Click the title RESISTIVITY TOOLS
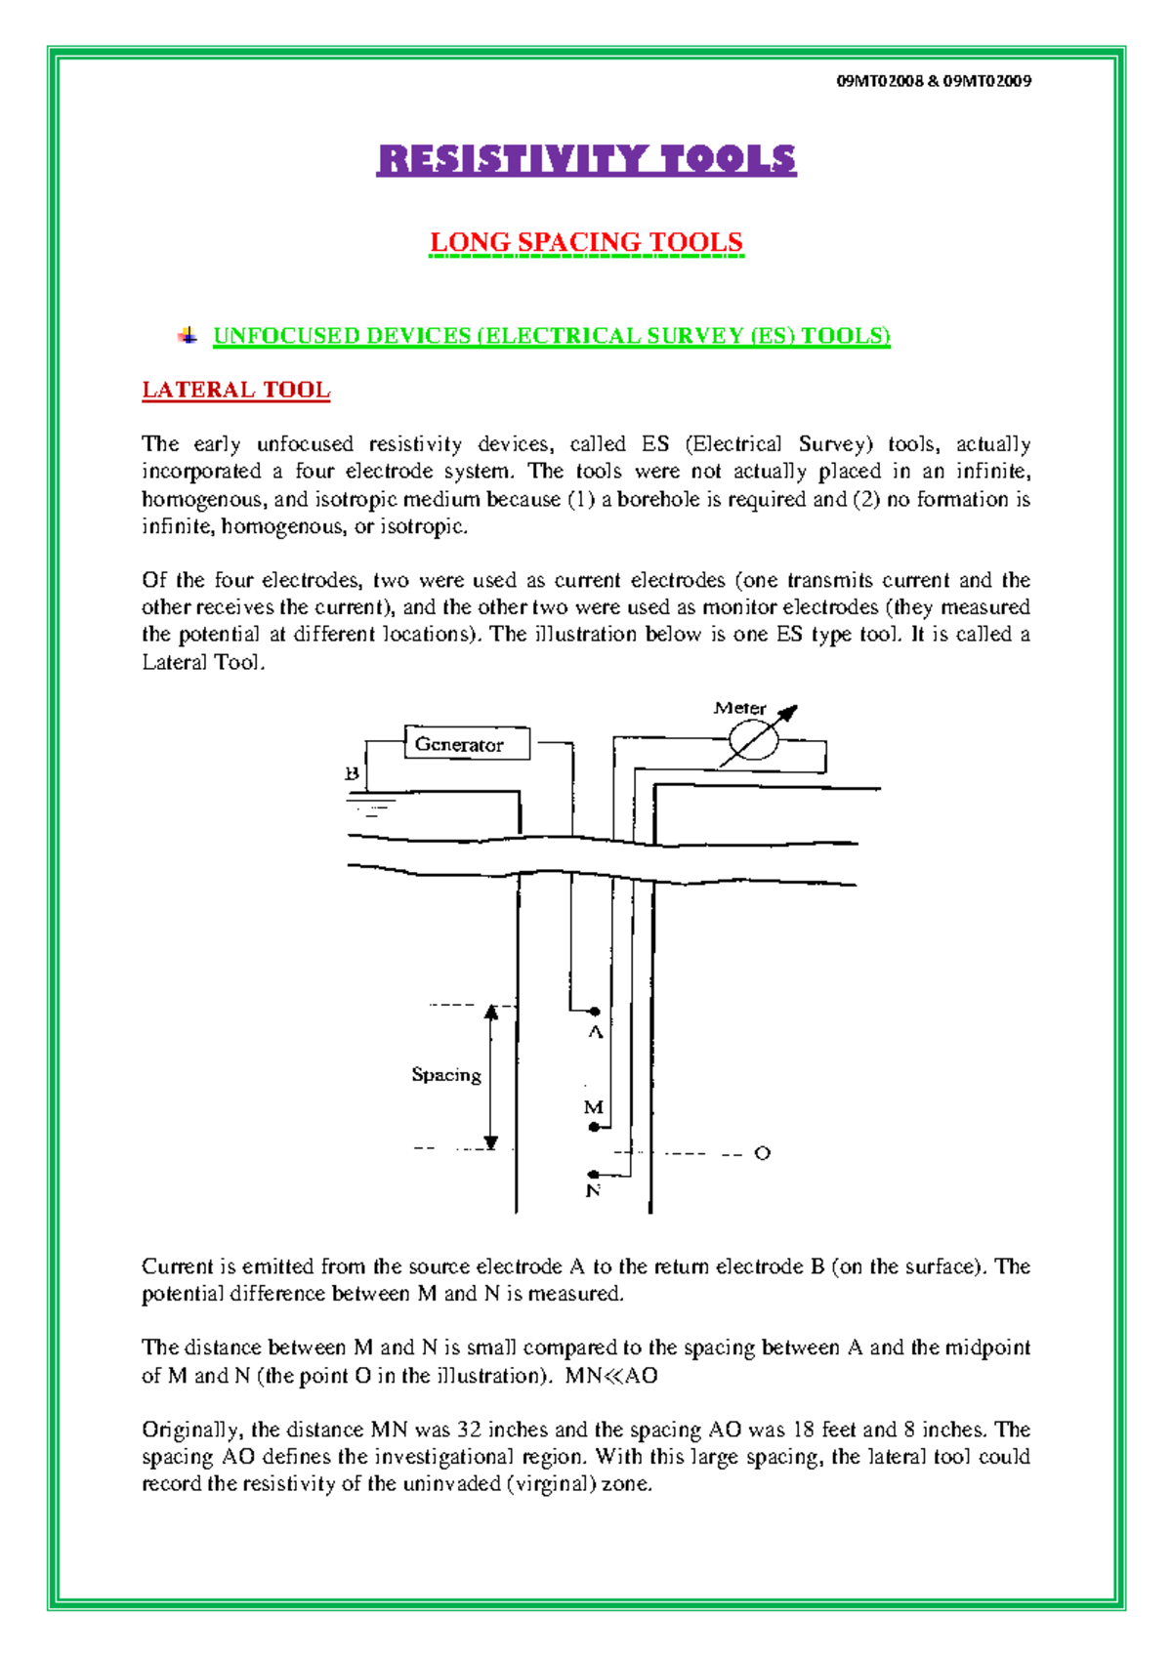tap(586, 159)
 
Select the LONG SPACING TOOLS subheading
tap(586, 242)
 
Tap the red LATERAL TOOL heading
tap(235, 390)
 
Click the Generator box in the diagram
tap(467, 743)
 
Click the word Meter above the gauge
tap(739, 708)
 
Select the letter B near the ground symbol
tap(353, 773)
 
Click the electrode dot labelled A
tap(595, 1012)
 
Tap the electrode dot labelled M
tap(594, 1127)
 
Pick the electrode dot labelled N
tap(593, 1174)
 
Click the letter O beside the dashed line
tap(762, 1153)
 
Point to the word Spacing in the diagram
tap(446, 1074)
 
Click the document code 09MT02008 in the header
tap(879, 81)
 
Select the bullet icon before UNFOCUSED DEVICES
tap(188, 336)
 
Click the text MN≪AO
tap(611, 1375)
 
